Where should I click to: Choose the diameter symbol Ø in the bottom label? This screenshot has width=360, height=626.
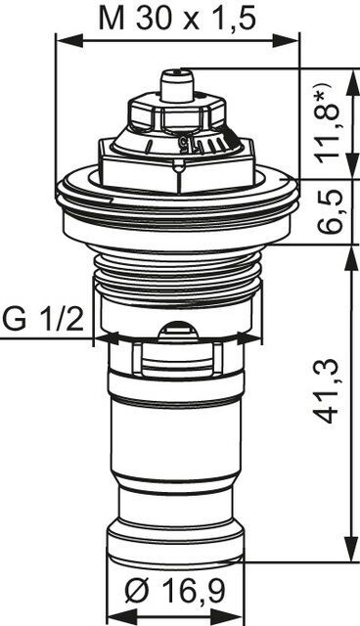pos(135,590)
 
